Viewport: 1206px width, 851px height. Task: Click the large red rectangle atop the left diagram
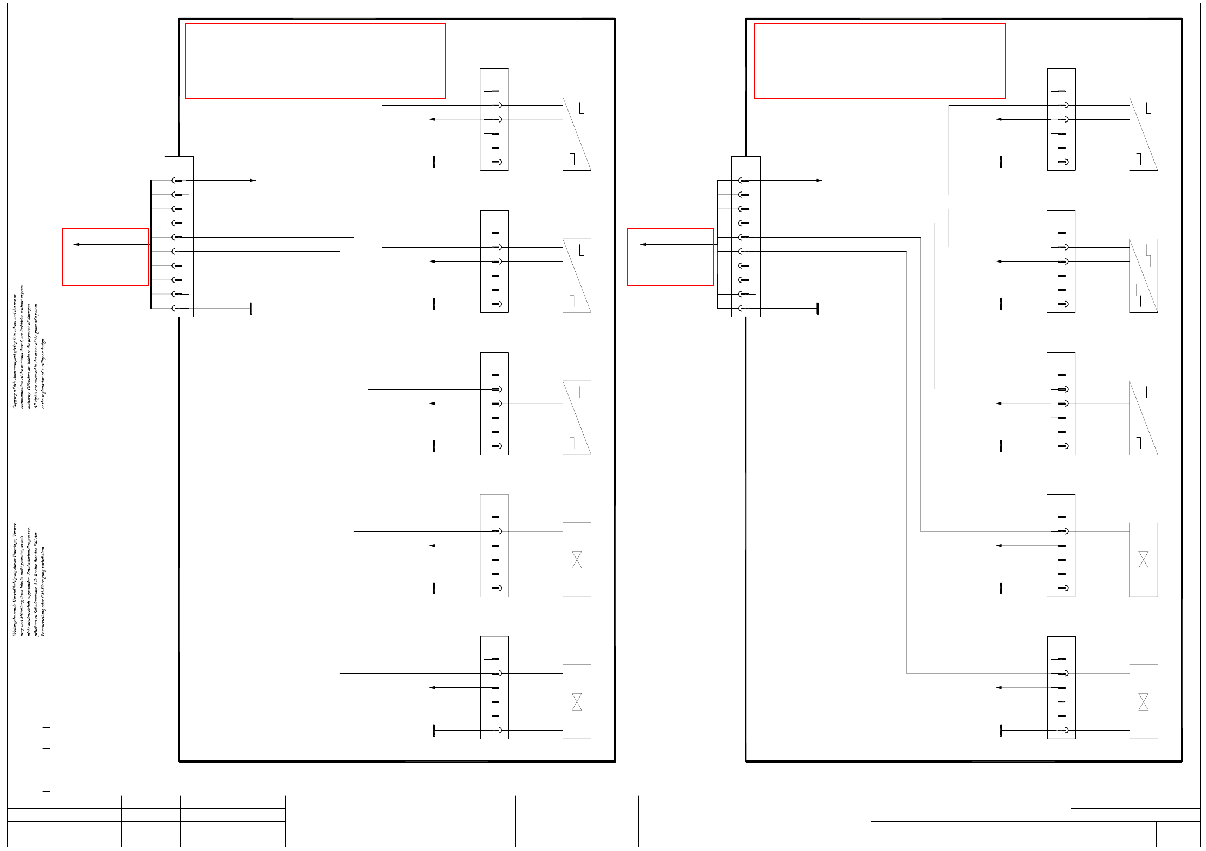click(315, 61)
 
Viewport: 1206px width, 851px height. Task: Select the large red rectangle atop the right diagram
click(879, 61)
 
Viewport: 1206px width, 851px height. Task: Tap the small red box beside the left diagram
click(105, 257)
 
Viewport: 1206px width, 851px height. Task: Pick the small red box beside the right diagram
click(671, 257)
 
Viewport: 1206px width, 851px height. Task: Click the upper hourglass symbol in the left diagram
click(577, 560)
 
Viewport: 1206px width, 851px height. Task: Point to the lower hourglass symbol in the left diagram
click(577, 702)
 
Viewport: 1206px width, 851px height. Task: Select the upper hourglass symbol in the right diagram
click(1143, 560)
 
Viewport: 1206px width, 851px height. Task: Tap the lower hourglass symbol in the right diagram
click(1143, 702)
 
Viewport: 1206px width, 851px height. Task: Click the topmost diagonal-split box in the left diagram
click(577, 133)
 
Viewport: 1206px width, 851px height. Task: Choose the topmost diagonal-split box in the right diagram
click(1143, 133)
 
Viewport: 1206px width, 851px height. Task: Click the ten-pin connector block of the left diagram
click(179, 236)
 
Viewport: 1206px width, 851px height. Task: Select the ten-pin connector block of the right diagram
click(745, 236)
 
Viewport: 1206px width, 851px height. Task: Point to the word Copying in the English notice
click(15, 399)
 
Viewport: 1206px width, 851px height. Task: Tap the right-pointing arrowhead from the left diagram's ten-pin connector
click(253, 180)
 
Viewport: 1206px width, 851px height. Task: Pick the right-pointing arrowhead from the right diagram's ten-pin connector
click(819, 180)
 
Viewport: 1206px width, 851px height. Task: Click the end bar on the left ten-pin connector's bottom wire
click(251, 309)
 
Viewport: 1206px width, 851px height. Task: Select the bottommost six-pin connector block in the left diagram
click(494, 687)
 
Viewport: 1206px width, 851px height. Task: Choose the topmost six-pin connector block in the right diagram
click(1061, 119)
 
